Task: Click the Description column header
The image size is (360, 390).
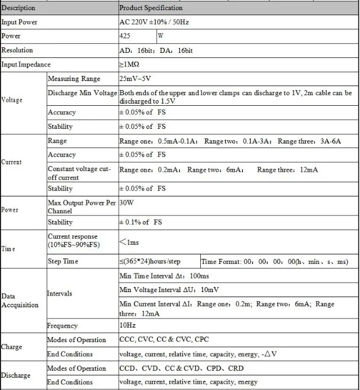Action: click(19, 8)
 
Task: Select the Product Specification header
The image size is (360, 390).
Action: click(151, 8)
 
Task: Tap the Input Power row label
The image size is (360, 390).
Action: click(20, 22)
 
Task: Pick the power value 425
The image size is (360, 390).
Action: click(126, 36)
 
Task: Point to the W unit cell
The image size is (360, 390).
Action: click(161, 36)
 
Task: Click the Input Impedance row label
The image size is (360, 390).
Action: click(26, 64)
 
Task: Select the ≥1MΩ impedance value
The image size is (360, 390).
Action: click(129, 64)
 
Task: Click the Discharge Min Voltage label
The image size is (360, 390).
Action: click(82, 93)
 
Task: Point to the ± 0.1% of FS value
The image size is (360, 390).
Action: click(141, 222)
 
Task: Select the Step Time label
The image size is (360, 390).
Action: click(63, 262)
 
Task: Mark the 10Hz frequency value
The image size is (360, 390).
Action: click(127, 325)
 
